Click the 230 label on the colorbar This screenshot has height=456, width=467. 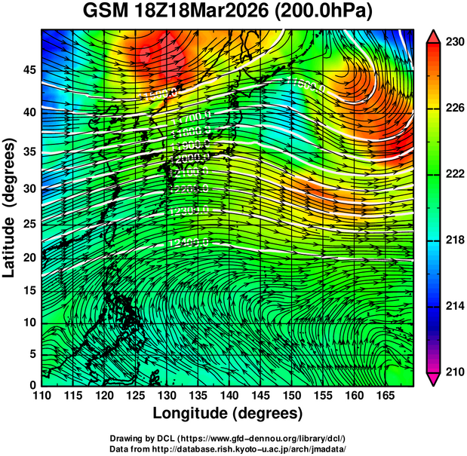(454, 42)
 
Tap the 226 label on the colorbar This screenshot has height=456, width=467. (454, 109)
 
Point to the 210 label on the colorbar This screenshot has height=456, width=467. (454, 372)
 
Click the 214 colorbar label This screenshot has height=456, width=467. (454, 306)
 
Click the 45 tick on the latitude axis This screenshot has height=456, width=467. (29, 69)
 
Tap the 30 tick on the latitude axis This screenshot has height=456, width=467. (29, 188)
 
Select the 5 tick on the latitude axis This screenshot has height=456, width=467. (32, 354)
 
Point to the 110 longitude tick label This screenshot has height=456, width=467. (41, 395)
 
